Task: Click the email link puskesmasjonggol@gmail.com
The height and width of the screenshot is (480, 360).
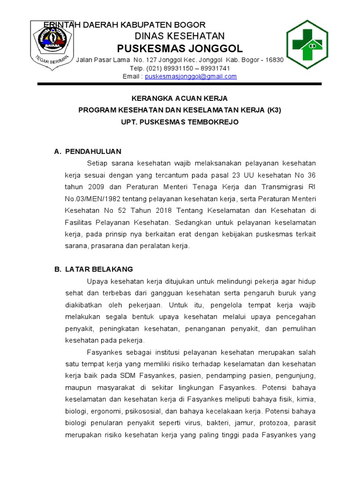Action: (191, 76)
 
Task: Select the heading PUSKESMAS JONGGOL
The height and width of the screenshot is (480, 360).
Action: (180, 49)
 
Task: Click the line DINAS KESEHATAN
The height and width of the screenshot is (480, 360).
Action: (180, 36)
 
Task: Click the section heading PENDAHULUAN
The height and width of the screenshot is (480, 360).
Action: (93, 151)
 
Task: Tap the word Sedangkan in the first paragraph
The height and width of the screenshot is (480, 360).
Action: (195, 222)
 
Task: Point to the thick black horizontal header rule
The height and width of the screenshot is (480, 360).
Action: (180, 84)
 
